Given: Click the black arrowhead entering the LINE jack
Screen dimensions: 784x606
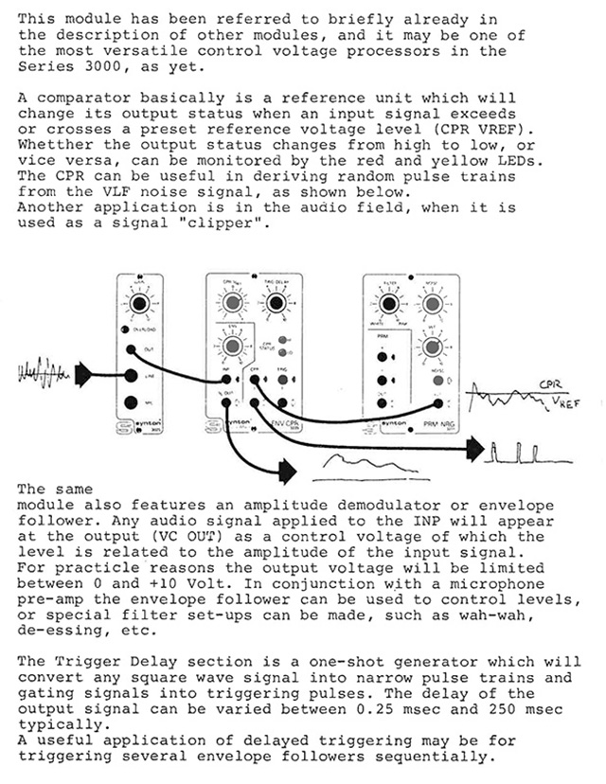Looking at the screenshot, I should (83, 375).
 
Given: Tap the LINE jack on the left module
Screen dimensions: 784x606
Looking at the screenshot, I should (129, 376).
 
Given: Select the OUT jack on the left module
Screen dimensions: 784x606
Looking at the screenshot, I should (129, 349).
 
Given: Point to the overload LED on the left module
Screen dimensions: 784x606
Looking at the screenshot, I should (123, 329).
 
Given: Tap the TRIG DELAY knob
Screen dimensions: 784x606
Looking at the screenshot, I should (276, 303).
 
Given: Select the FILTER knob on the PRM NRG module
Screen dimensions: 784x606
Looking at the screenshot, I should (386, 304).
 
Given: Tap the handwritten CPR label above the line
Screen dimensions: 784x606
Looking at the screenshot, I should (549, 385).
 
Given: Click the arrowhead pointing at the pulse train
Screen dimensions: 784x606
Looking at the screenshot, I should (471, 450).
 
